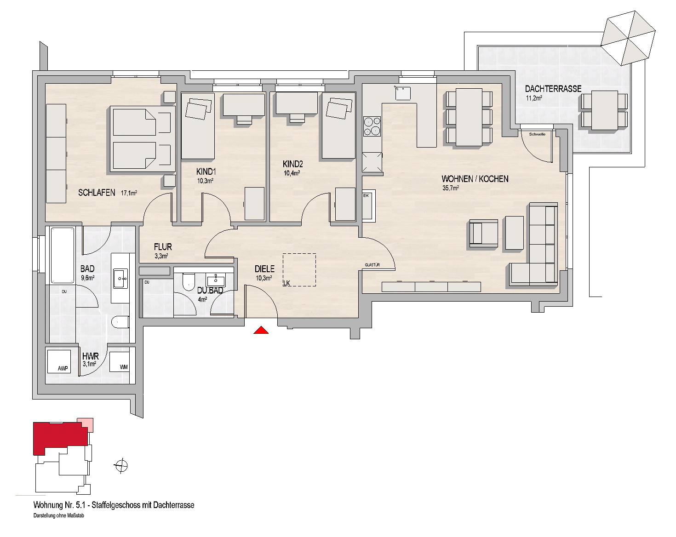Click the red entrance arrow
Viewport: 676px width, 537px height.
click(x=261, y=330)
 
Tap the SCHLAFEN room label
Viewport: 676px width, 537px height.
click(x=97, y=193)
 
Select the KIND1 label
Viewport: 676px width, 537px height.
click(x=206, y=171)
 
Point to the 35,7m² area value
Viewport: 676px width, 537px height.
click(x=451, y=188)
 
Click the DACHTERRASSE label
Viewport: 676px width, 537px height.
click(x=553, y=89)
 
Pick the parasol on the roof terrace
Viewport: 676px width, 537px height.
click(x=628, y=38)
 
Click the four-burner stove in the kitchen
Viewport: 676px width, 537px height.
click(x=372, y=126)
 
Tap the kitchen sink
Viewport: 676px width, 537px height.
click(x=403, y=93)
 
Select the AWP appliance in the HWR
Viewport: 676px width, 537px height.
click(x=59, y=362)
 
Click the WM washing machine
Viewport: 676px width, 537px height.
click(x=120, y=361)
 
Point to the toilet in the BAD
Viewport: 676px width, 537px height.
click(x=120, y=322)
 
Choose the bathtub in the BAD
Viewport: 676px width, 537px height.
click(x=63, y=256)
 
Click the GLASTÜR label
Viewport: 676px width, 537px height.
click(x=372, y=265)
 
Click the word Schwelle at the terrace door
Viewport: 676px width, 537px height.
click(x=537, y=134)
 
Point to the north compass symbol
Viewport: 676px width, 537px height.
click(x=121, y=465)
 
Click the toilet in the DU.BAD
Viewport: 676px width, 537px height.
click(x=189, y=282)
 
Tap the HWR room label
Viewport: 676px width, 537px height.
click(x=91, y=356)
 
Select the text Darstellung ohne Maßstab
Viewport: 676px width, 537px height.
click(x=59, y=516)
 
